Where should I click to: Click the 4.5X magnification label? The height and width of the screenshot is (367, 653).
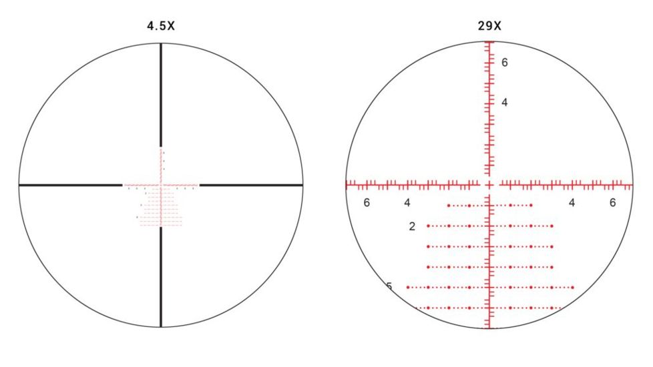[160, 27]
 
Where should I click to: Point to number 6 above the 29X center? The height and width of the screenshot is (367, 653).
[505, 63]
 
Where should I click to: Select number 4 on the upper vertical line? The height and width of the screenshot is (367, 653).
[505, 103]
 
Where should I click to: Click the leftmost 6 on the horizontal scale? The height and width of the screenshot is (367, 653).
[367, 203]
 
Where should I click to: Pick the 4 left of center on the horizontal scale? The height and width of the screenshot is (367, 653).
[407, 203]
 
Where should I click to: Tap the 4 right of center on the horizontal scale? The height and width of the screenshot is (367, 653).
[572, 203]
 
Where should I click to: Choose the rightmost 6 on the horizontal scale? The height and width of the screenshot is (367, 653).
[612, 203]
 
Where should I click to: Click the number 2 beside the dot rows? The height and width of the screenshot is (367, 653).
[412, 227]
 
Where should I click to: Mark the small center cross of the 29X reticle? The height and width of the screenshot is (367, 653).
[489, 183]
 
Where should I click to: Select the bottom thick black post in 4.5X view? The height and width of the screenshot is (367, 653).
[161, 276]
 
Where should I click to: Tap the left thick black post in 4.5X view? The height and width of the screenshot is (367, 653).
[71, 184]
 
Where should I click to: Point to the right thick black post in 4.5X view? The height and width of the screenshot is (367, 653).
[251, 184]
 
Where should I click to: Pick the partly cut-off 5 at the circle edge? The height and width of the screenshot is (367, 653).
[389, 287]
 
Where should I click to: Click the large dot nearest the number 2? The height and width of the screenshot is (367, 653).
[428, 226]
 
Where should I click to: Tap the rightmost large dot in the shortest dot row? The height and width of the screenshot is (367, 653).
[531, 206]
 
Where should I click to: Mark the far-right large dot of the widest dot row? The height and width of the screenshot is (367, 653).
[573, 288]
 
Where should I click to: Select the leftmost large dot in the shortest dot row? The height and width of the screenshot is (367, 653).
[449, 206]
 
